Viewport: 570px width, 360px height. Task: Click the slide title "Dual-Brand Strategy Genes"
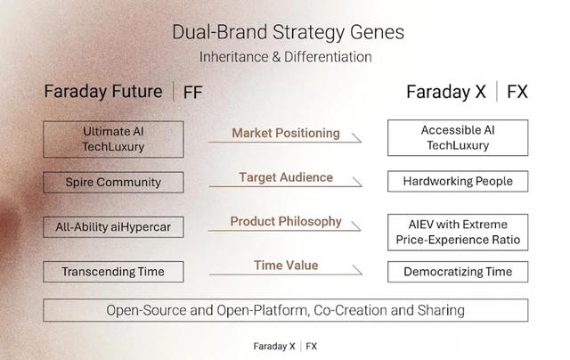tap(288, 32)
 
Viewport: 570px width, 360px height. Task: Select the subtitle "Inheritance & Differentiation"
tap(285, 57)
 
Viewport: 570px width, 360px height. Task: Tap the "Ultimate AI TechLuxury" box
tap(113, 139)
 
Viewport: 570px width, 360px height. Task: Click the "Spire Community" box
tap(113, 182)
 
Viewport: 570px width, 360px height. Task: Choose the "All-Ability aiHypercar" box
tap(113, 227)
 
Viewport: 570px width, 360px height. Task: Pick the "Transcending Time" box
tap(113, 272)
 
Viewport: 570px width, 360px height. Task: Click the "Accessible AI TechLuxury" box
tap(458, 138)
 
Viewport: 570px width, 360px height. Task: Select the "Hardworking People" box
tap(458, 181)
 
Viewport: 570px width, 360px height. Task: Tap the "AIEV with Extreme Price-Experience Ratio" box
tap(458, 233)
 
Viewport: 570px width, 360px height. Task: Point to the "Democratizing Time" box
tap(458, 272)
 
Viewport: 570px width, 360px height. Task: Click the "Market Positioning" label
tap(286, 133)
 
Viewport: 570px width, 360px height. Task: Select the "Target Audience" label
tap(286, 177)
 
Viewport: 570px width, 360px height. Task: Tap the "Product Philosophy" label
tap(286, 222)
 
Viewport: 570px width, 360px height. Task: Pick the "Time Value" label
tap(286, 266)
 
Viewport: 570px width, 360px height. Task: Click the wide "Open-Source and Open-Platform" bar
tap(286, 310)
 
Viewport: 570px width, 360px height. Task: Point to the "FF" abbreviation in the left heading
tap(192, 93)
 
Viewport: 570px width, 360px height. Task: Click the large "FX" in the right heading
tap(517, 92)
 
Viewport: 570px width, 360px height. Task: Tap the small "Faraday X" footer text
tap(274, 346)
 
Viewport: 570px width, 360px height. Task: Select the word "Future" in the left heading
tap(137, 91)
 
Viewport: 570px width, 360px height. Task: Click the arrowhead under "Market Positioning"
tap(356, 138)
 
